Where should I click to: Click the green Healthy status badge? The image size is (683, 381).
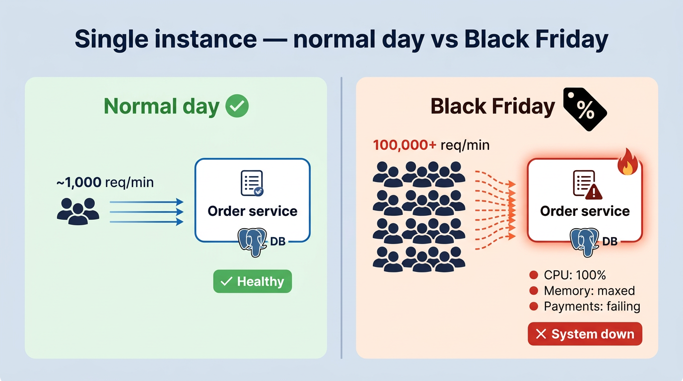pos(252,281)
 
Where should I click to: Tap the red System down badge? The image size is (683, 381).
pos(584,334)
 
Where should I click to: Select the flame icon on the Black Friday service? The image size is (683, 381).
pos(627,162)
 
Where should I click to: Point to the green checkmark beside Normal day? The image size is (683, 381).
pos(237,106)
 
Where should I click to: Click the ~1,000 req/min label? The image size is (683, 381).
pos(105,183)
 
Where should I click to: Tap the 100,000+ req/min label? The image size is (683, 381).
pos(431,145)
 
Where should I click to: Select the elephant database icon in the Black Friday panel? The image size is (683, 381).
pos(584,241)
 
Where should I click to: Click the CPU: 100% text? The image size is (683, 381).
pos(575,275)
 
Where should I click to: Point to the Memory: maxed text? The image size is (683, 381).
pos(589,291)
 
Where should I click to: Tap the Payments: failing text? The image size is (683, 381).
pos(592,306)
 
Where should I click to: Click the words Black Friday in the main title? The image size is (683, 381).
pos(536,40)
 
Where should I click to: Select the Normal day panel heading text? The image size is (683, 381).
pos(161,107)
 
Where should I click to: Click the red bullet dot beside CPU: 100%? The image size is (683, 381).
pos(534,275)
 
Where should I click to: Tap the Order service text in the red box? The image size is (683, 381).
pos(585,211)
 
